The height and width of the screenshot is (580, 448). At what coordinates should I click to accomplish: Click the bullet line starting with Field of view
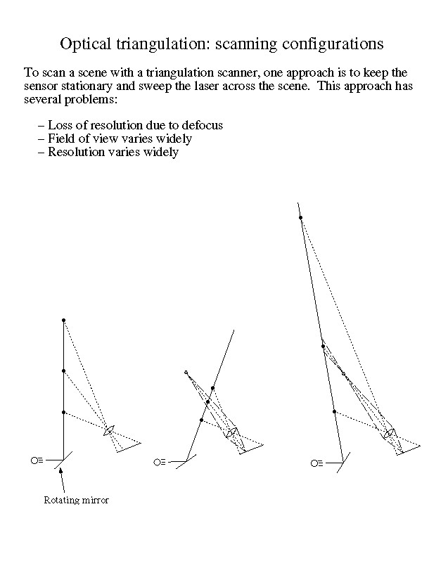pos(114,138)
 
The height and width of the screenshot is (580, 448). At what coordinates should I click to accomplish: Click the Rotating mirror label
pos(76,501)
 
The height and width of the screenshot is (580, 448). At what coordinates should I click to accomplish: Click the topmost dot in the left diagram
pos(63,321)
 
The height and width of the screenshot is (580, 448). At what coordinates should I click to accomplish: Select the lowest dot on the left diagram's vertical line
pos(63,413)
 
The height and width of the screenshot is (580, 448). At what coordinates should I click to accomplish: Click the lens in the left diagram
pos(109,430)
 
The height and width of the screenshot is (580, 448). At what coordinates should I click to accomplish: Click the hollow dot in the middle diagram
pos(186,372)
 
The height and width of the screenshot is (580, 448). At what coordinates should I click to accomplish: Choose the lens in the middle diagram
pos(230,432)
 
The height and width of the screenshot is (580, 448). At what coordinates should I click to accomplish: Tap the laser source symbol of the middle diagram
pos(159,462)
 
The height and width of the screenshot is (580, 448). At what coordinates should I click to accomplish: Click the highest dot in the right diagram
pos(301,218)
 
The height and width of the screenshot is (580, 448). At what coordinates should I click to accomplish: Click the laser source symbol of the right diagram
pos(316,463)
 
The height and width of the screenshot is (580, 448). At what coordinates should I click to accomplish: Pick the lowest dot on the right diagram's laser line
pos(334,411)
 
